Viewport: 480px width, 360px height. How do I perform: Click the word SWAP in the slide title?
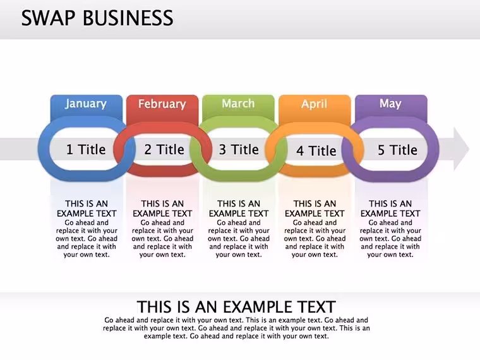tap(49, 18)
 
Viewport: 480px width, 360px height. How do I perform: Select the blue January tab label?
tap(86, 104)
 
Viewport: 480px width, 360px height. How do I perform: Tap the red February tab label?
tap(162, 104)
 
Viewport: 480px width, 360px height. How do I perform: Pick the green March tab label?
tap(238, 104)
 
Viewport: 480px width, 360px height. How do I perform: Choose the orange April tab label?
tap(315, 104)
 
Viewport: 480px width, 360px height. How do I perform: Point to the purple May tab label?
tap(390, 104)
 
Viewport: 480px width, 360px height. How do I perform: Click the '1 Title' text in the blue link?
tap(86, 150)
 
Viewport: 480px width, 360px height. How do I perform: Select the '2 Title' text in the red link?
tap(164, 150)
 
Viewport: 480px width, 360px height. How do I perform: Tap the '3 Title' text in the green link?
tap(239, 150)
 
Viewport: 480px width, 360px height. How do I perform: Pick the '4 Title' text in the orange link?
tap(316, 150)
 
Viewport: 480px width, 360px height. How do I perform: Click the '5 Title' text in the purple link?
tap(397, 150)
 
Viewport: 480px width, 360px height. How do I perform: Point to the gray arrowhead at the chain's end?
tap(461, 149)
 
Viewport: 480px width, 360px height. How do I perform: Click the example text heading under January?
tap(87, 208)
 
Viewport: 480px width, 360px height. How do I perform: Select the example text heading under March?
tap(239, 208)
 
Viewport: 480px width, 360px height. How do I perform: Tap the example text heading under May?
tap(390, 208)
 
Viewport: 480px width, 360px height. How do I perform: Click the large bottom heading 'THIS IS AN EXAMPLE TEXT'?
tap(236, 307)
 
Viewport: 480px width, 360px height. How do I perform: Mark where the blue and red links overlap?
tap(124, 150)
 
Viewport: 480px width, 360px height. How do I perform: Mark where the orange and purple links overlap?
tap(352, 150)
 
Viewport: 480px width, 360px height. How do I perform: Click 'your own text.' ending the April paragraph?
tap(315, 255)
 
